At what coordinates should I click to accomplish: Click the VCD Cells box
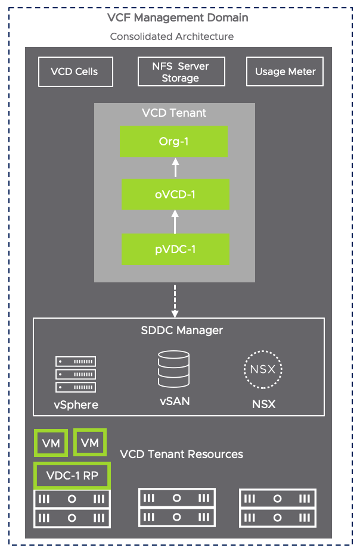pyautogui.click(x=75, y=71)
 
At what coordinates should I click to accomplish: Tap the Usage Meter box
pyautogui.click(x=285, y=71)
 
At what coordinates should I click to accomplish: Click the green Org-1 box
pyautogui.click(x=173, y=141)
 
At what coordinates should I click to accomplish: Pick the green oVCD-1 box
pyautogui.click(x=175, y=194)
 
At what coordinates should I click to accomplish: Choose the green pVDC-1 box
pyautogui.click(x=175, y=249)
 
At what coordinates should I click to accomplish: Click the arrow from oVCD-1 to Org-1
pyautogui.click(x=175, y=167)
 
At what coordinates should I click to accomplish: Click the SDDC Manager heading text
pyautogui.click(x=179, y=330)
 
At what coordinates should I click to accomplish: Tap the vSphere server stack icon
pyautogui.click(x=76, y=374)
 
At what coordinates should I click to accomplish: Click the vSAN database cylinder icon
pyautogui.click(x=174, y=369)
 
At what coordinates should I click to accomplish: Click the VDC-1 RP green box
pyautogui.click(x=72, y=476)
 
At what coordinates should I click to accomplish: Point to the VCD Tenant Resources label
pyautogui.click(x=181, y=454)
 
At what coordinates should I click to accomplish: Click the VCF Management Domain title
pyautogui.click(x=178, y=18)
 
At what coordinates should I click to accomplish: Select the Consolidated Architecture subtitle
pyautogui.click(x=172, y=36)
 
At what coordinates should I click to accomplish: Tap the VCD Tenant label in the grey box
pyautogui.click(x=175, y=113)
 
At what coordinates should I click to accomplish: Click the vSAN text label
pyautogui.click(x=175, y=402)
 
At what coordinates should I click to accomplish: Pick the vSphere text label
pyautogui.click(x=76, y=405)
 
